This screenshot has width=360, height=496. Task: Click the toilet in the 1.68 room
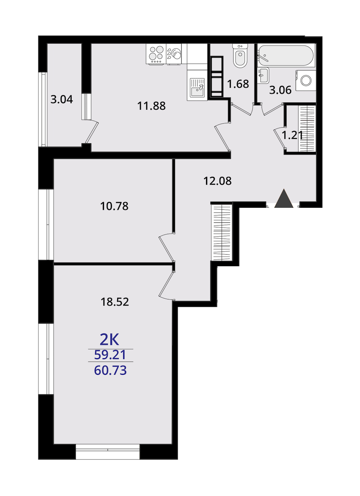click(240, 56)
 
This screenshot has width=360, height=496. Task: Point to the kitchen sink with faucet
click(197, 88)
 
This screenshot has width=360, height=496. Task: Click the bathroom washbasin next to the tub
click(263, 75)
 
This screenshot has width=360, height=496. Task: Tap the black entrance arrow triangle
click(284, 198)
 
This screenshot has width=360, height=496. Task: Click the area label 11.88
click(151, 106)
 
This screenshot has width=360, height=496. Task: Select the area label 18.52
click(115, 301)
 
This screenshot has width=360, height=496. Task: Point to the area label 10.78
click(114, 206)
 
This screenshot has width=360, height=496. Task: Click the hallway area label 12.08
click(218, 181)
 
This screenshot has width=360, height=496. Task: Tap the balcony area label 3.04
click(62, 99)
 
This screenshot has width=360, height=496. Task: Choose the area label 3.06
click(280, 90)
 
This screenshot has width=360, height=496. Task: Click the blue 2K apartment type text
click(109, 339)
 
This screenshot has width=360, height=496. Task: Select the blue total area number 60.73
click(110, 370)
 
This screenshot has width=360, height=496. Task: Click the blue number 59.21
click(110, 355)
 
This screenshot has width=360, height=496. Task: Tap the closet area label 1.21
click(292, 135)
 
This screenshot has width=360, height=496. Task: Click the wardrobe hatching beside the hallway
click(222, 232)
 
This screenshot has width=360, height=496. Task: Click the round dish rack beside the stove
click(174, 54)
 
